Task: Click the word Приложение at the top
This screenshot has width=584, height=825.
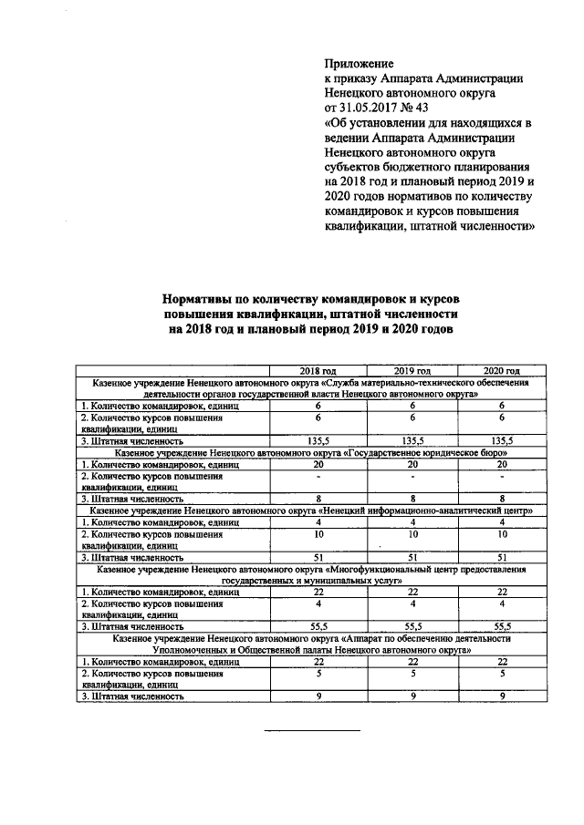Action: [x=359, y=65]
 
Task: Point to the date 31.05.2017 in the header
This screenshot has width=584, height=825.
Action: [x=376, y=108]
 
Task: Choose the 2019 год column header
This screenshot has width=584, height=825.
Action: [x=412, y=372]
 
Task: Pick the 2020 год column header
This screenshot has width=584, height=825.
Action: [x=502, y=372]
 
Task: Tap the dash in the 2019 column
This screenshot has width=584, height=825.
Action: [x=412, y=476]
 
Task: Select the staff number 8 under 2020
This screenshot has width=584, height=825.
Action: [x=502, y=499]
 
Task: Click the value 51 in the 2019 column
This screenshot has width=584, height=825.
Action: [x=412, y=556]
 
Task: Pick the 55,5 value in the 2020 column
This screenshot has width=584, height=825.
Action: [x=502, y=626]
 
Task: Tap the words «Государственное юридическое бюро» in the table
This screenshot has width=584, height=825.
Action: [x=428, y=453]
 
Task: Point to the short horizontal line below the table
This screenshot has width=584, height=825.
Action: [x=312, y=731]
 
